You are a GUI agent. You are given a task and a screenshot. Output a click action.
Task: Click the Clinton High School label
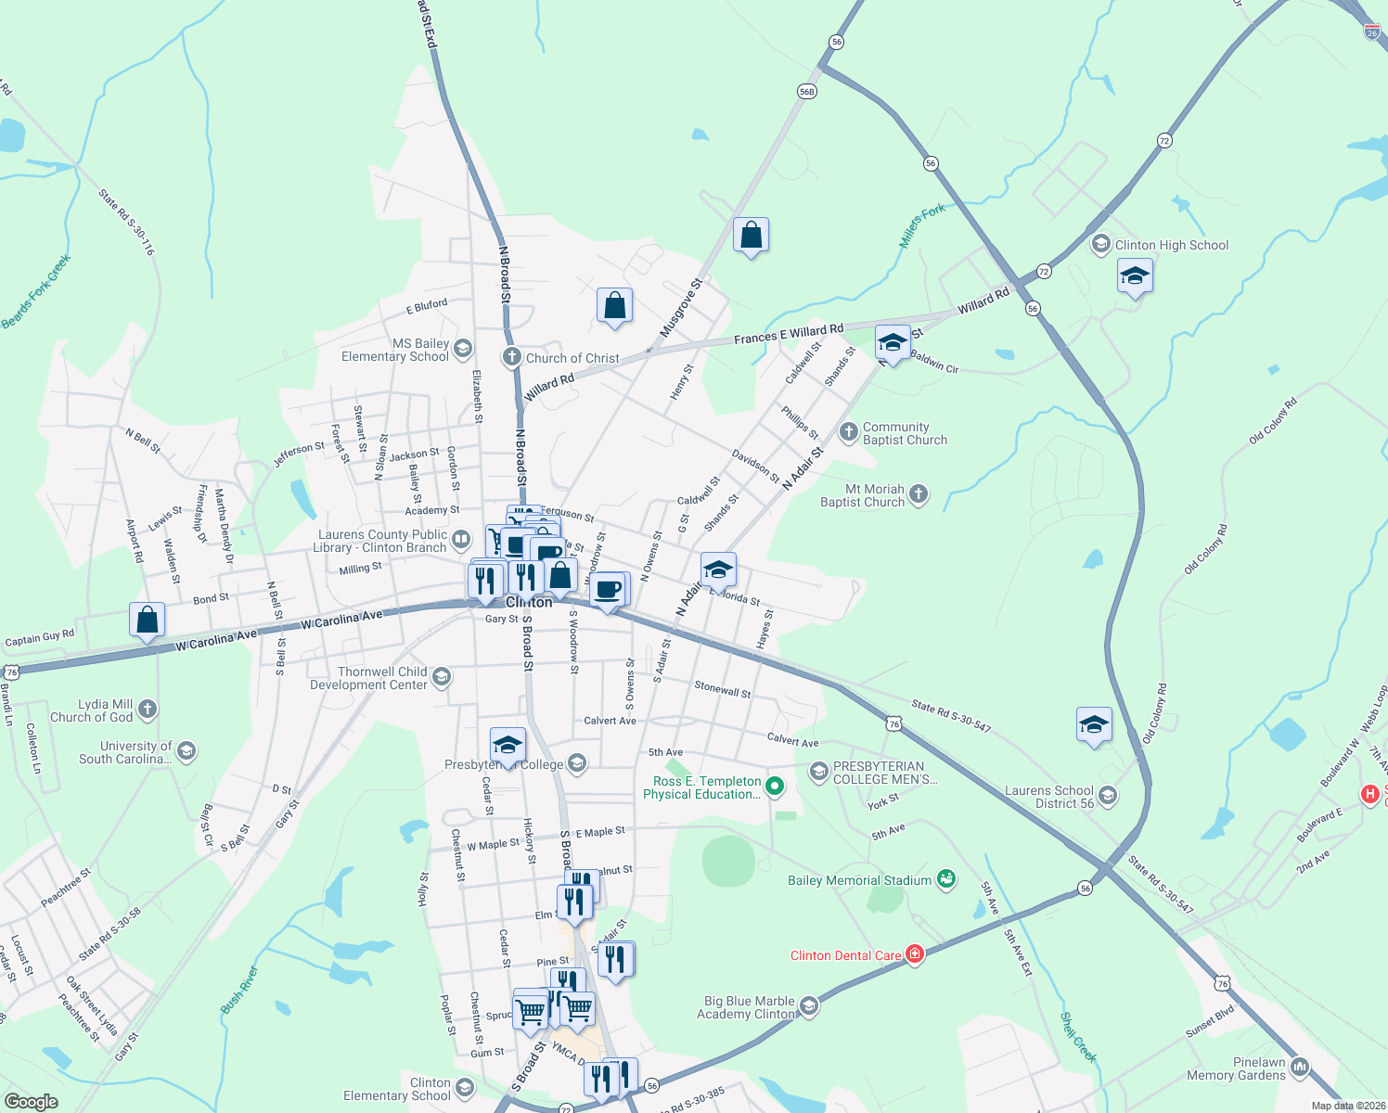(x=1171, y=245)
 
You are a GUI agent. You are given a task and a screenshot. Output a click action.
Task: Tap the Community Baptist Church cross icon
(x=848, y=432)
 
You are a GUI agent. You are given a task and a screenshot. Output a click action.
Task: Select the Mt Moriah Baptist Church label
(x=862, y=495)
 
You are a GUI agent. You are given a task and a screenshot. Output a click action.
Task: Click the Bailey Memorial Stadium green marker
(x=946, y=878)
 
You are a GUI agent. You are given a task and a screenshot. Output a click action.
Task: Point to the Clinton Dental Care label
(x=845, y=955)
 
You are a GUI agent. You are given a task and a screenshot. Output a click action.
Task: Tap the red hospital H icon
(x=1369, y=794)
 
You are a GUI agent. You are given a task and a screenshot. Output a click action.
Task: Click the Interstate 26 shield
(x=1372, y=32)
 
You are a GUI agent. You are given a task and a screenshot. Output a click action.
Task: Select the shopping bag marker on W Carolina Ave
(x=147, y=620)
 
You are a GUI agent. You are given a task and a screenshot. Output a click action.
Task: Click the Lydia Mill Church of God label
(x=91, y=710)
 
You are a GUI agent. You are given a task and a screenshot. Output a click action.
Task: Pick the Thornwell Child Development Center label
(x=369, y=678)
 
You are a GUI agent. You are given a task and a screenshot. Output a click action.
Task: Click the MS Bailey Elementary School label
(x=395, y=350)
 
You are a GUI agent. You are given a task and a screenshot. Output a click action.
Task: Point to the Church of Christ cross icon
(x=511, y=357)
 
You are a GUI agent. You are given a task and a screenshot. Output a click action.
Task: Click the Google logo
(x=31, y=1102)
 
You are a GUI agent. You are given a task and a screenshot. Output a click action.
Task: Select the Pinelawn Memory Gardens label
(x=1236, y=1068)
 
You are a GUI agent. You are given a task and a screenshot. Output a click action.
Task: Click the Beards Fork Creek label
(x=36, y=292)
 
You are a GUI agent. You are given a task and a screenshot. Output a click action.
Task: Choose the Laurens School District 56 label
(x=1049, y=797)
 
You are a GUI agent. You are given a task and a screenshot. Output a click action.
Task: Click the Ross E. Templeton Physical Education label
(x=702, y=787)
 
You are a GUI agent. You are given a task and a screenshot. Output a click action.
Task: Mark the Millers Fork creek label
(x=922, y=225)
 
